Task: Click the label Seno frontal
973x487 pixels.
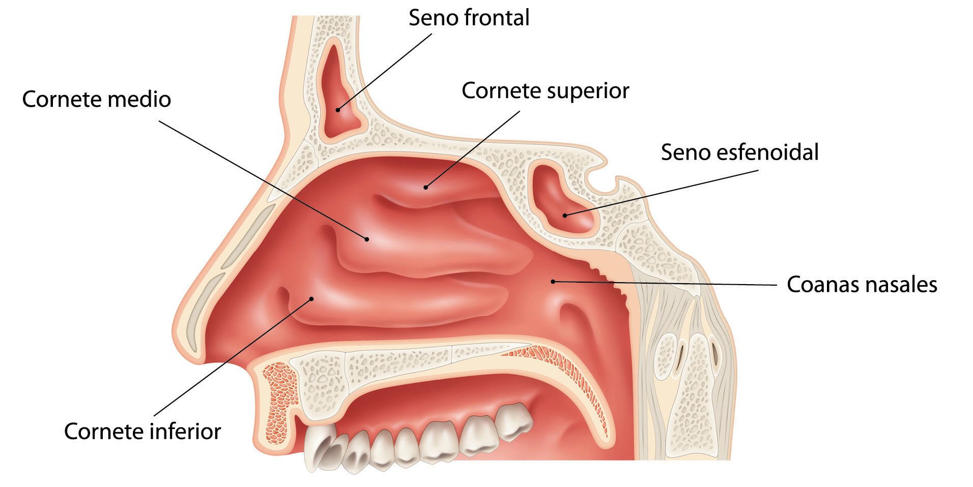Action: pyautogui.click(x=469, y=18)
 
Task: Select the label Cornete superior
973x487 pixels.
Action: pyautogui.click(x=545, y=91)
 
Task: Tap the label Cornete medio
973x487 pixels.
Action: pyautogui.click(x=96, y=99)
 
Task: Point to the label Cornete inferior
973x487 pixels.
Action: pyautogui.click(x=142, y=432)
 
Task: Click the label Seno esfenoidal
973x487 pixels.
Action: pyautogui.click(x=739, y=152)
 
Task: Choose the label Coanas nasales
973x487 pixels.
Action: pyautogui.click(x=862, y=284)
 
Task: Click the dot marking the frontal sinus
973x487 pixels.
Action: pyautogui.click(x=337, y=110)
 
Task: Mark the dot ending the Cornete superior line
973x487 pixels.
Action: pyautogui.click(x=426, y=187)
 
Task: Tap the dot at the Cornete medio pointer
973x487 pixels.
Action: pyautogui.click(x=366, y=238)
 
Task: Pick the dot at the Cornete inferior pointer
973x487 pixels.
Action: pyautogui.click(x=311, y=298)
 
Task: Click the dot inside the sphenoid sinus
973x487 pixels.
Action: pyautogui.click(x=565, y=216)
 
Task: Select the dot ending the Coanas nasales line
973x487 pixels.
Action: pyautogui.click(x=553, y=281)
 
